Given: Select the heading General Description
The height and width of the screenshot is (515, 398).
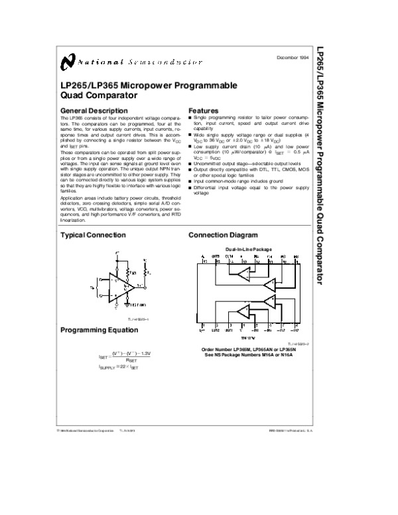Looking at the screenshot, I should click(94, 110).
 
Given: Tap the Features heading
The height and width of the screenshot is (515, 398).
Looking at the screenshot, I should click(204, 110).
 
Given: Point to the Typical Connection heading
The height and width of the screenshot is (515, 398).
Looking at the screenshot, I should click(93, 235).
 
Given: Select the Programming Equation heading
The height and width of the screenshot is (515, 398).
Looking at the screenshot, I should click(99, 330).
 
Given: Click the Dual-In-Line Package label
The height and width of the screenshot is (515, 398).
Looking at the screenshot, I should click(246, 249).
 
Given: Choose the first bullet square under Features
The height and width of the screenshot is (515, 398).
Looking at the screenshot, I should click(190, 117).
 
